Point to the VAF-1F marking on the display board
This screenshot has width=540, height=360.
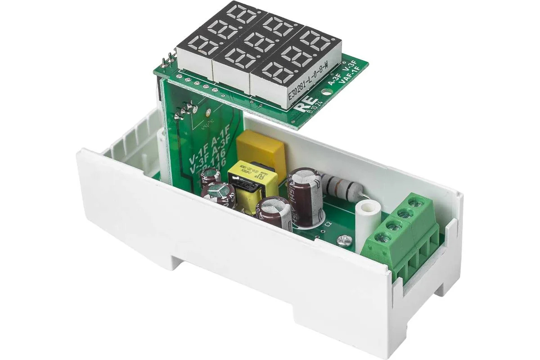point(350,76)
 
